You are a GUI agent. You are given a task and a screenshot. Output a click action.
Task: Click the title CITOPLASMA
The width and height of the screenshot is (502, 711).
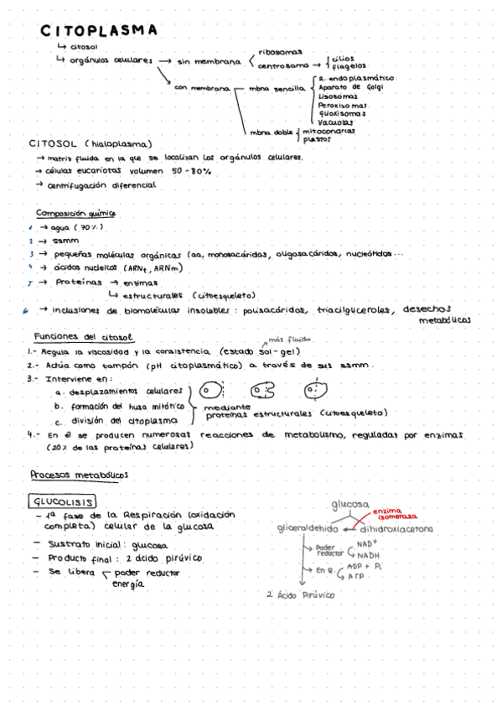[99, 30]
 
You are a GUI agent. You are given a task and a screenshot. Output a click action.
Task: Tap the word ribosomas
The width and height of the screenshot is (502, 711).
[279, 51]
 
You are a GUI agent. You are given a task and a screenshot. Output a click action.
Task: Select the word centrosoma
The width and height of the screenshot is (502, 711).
[282, 65]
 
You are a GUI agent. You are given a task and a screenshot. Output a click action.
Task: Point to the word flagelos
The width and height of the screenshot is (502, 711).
[349, 65]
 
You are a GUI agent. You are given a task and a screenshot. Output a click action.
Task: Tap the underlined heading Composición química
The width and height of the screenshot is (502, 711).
[75, 213]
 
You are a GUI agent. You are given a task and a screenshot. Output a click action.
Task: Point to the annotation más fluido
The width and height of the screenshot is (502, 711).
[289, 340]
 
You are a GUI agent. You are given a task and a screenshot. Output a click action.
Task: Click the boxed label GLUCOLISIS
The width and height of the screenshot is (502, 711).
[63, 501]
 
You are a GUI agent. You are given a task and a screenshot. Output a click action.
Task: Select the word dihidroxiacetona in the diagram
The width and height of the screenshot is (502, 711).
[396, 529]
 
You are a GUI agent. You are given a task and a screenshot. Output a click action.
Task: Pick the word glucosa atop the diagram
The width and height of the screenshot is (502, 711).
[349, 505]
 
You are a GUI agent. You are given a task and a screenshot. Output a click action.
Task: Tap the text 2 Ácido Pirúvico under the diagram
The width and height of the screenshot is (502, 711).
[299, 594]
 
